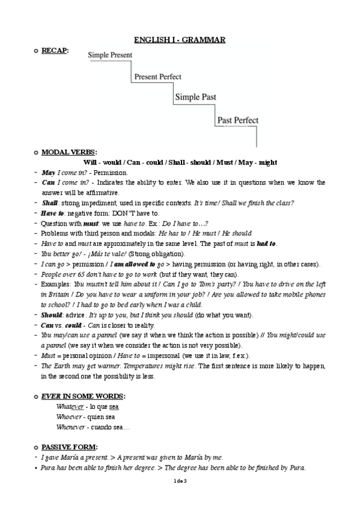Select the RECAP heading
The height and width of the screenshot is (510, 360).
click(x=54, y=51)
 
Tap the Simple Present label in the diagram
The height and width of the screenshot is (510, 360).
click(x=111, y=55)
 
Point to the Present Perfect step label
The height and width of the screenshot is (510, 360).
click(x=157, y=77)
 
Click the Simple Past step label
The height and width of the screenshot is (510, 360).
click(x=195, y=97)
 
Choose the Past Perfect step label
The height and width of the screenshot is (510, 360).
click(x=238, y=120)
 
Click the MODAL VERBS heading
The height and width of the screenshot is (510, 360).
click(x=69, y=153)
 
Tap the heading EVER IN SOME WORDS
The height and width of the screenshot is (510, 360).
click(x=83, y=396)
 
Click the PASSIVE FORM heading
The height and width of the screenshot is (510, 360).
click(x=69, y=447)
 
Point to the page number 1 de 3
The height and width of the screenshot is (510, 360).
click(x=180, y=481)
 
